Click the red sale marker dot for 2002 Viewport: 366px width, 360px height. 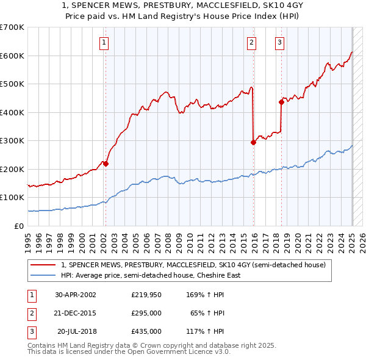pyautogui.click(x=106, y=164)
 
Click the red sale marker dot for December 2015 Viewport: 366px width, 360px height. pyautogui.click(x=253, y=142)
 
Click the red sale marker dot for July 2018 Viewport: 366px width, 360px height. pyautogui.click(x=281, y=103)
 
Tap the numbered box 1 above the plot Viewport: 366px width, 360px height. pyautogui.click(x=104, y=43)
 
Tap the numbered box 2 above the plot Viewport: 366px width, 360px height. pyautogui.click(x=251, y=43)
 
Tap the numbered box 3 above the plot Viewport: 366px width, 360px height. pyautogui.click(x=279, y=43)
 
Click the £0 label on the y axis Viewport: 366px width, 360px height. pyautogui.click(x=19, y=226)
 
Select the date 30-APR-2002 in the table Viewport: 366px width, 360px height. pyautogui.click(x=76, y=295)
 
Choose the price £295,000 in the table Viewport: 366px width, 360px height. pyautogui.click(x=146, y=313)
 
